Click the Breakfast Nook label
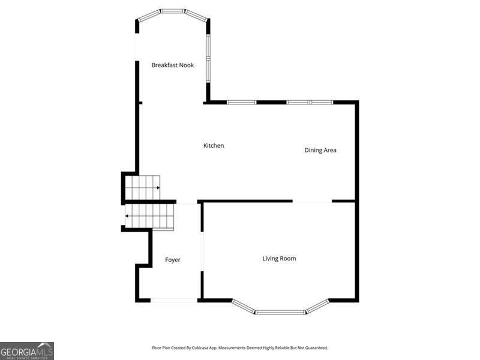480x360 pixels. pos(172,65)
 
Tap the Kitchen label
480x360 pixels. pos(214,146)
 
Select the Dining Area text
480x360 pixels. pos(320,150)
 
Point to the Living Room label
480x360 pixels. pos(279,259)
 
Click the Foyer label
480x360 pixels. pos(173,260)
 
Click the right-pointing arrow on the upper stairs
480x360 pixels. pos(158,188)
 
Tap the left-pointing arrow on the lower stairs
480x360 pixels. pos(127,215)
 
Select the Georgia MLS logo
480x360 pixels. pos(27,350)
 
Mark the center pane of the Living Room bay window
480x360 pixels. pos(280,312)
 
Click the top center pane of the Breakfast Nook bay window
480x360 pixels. pos(173,11)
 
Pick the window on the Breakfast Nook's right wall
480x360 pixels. pos(208,58)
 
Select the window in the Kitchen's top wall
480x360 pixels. pos(241,102)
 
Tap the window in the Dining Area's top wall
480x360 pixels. pos(309,102)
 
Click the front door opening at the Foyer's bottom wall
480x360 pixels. pos(174,299)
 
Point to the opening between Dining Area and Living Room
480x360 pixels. pos(312,202)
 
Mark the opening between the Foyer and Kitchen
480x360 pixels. pos(187,202)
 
